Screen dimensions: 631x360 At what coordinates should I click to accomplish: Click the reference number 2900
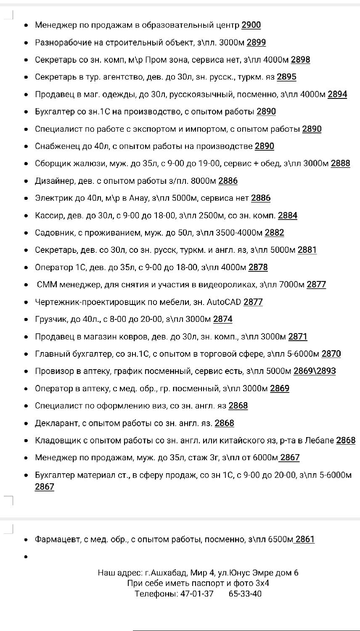coord(251,25)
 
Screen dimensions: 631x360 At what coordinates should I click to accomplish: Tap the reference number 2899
coord(256,42)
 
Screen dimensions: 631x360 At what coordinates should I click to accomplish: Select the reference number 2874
coord(223,319)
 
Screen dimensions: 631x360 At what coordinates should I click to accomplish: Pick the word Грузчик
coord(51,319)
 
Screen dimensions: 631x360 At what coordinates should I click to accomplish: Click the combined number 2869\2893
coord(315,371)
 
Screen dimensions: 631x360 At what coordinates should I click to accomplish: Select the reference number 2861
coord(305,539)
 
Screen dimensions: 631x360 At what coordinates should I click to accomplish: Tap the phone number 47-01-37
coord(197,594)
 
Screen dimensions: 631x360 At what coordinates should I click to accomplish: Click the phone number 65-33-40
coord(245,594)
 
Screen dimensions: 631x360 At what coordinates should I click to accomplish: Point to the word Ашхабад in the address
coord(169,573)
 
